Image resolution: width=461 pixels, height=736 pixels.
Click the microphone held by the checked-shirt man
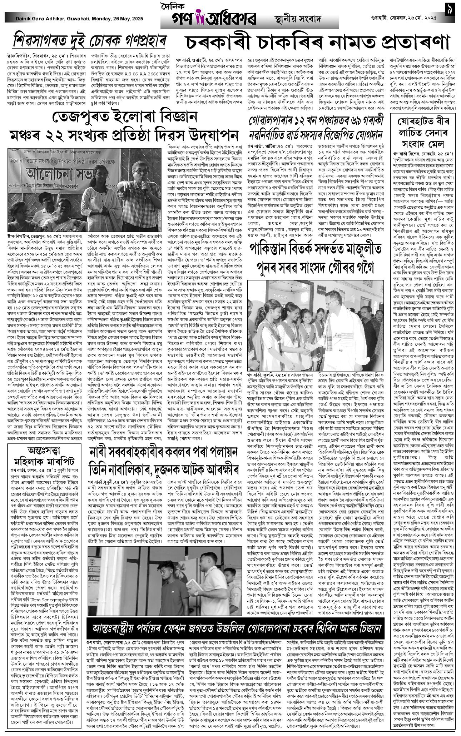(x=144, y=185)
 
